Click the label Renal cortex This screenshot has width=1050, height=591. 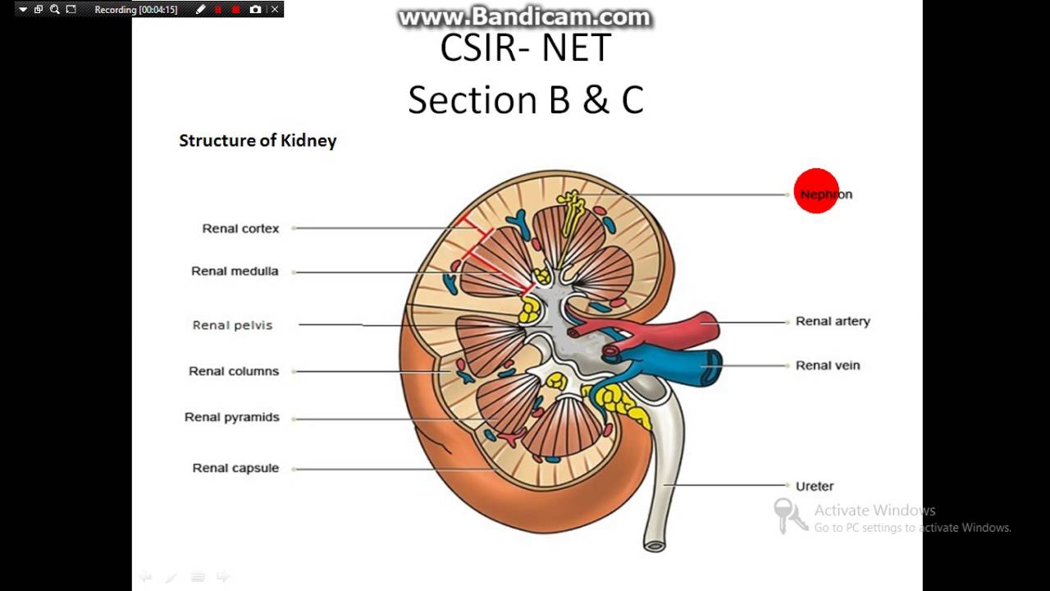[240, 229]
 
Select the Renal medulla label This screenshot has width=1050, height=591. [235, 272]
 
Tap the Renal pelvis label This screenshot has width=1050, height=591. [232, 325]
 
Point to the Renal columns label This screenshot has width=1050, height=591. [234, 371]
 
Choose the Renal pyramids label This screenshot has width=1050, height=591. [231, 417]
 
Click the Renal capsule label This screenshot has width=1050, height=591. [235, 468]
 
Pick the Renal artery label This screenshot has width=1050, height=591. [833, 322]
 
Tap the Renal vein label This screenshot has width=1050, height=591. [828, 365]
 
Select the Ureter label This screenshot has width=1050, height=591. [815, 486]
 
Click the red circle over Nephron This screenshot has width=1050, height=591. [816, 191]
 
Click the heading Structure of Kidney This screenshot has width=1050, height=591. [258, 140]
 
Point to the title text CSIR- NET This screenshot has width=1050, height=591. [526, 48]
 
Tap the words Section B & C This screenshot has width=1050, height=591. [526, 100]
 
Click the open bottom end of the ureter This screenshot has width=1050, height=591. [654, 543]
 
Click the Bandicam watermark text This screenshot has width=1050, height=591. [525, 16]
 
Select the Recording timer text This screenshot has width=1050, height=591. [136, 10]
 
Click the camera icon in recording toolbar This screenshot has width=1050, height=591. [256, 10]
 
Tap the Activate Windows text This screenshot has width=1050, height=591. [874, 511]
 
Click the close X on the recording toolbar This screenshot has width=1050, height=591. [275, 10]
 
